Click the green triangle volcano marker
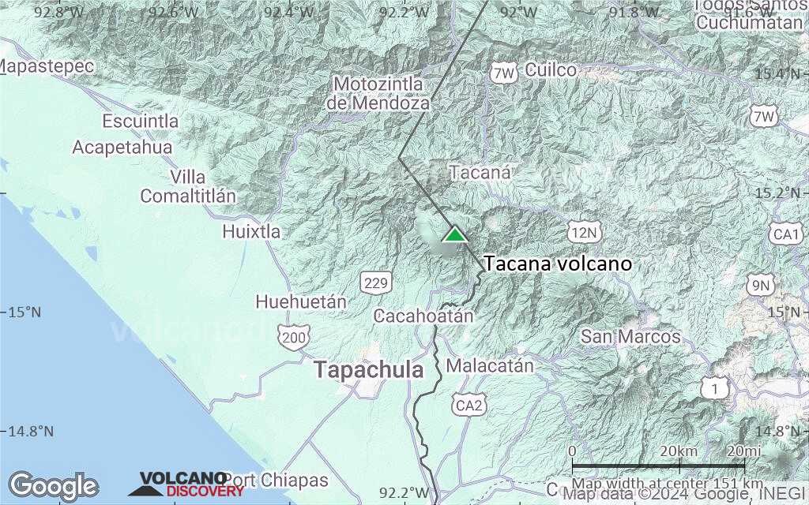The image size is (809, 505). tap(454, 234)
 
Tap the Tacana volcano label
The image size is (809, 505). tap(558, 264)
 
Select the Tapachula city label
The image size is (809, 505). tap(368, 369)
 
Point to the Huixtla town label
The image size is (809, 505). tap(251, 231)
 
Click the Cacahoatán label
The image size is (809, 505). tap(423, 316)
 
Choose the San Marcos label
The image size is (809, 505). tap(630, 337)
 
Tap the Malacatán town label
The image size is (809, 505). tap(490, 366)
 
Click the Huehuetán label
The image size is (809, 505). tap(301, 301)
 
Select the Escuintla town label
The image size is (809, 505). tap(141, 122)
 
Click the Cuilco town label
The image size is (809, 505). tap(551, 69)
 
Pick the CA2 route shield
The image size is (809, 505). tap(471, 406)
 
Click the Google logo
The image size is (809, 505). tap(53, 486)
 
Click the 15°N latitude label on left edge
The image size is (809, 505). tap(25, 312)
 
